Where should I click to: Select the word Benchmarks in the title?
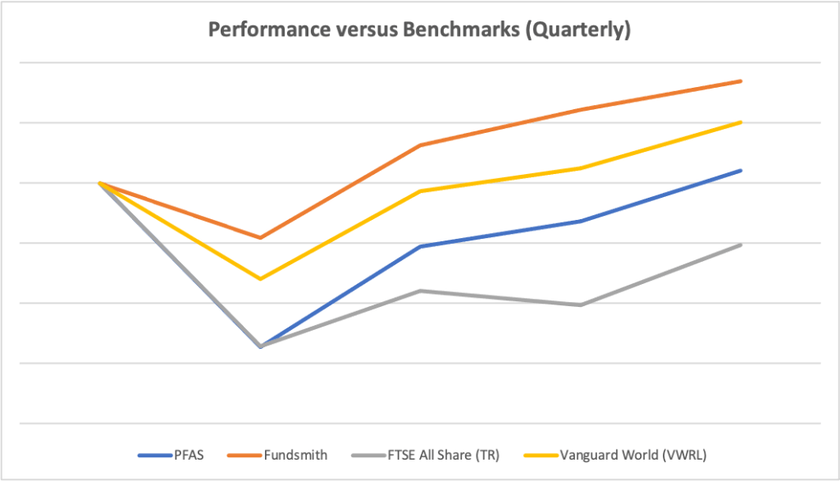coord(461,30)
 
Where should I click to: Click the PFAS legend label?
coord(189,456)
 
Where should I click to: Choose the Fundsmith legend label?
coord(295,456)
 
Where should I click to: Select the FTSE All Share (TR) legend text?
coord(444,456)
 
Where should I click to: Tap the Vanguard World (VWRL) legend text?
coord(633,456)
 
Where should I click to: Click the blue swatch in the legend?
coord(155,456)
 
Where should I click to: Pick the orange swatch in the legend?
coord(244,456)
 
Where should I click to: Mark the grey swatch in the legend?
coord(369,456)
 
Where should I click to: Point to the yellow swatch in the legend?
coord(541,456)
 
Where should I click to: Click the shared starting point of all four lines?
coord(99,183)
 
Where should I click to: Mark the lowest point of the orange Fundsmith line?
coord(260,237)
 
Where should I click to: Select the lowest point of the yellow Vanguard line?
coord(260,279)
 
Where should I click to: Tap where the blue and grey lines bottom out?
coord(260,346)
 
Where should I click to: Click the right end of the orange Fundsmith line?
coord(741,81)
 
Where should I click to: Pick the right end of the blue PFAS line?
coord(741,171)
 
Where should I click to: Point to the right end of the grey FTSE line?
coord(741,245)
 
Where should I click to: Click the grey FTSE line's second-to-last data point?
coord(581,305)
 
